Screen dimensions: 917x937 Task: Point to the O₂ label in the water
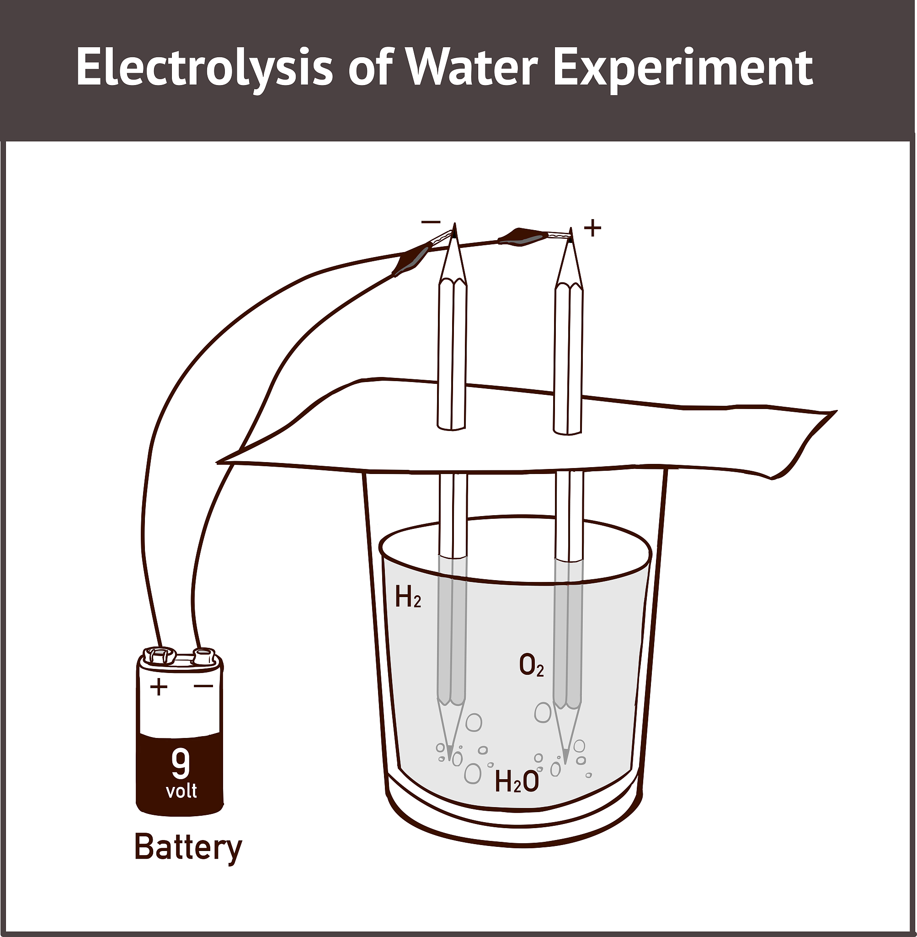pos(531,666)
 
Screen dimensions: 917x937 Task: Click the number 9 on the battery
pos(181,763)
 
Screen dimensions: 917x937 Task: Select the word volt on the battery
pos(181,791)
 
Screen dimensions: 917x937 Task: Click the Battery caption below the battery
pos(188,847)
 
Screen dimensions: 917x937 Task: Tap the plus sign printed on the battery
pos(159,686)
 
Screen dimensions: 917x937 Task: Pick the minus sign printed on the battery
pos(203,685)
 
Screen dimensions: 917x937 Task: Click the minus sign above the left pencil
pos(431,222)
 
